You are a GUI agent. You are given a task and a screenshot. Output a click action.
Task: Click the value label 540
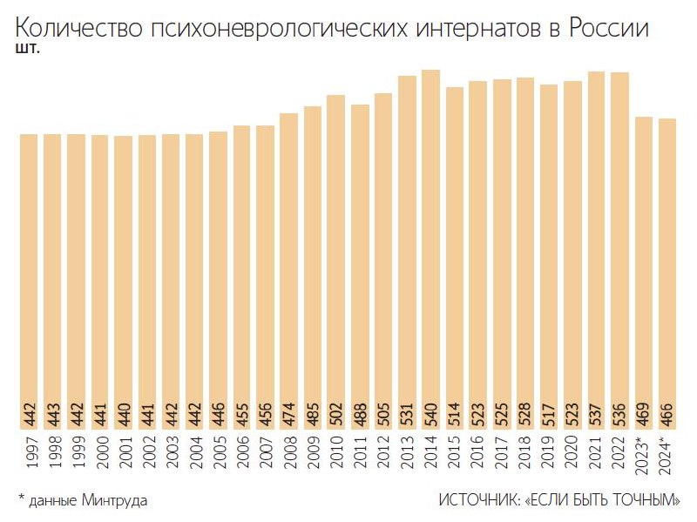[430, 414]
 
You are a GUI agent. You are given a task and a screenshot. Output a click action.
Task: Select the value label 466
[667, 414]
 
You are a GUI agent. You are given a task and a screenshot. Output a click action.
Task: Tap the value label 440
[123, 414]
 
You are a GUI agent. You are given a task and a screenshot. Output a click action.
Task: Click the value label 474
[288, 414]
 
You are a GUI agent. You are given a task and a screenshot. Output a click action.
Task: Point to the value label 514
[455, 414]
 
